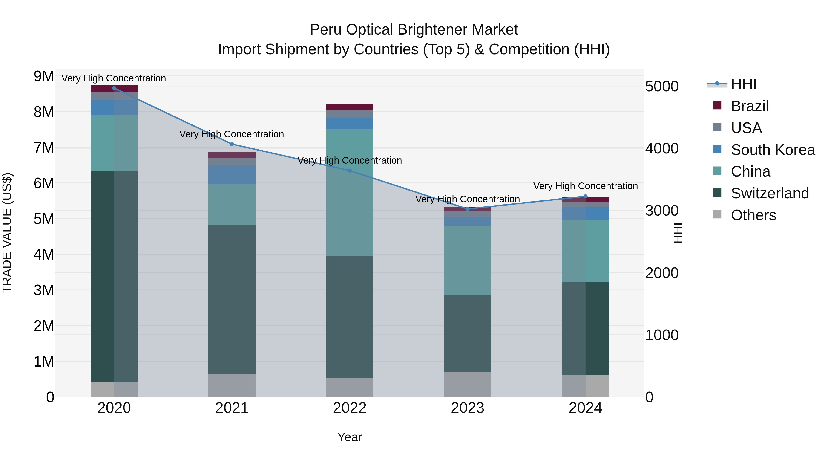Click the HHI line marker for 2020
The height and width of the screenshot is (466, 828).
pos(114,88)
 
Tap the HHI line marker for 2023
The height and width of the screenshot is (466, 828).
pos(468,209)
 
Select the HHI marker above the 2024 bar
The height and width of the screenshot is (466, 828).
pos(585,196)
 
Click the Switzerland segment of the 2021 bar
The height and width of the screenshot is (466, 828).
pos(232,299)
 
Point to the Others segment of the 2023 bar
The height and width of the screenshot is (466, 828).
pos(468,384)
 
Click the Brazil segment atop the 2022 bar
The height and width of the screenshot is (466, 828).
pos(350,107)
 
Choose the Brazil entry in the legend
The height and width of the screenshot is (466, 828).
pos(749,106)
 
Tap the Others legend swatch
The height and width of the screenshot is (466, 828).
pos(717,214)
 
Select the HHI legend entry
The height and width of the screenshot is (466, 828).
pos(743,84)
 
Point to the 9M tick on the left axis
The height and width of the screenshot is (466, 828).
pos(44,77)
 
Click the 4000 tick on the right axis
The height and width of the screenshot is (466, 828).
pos(662,149)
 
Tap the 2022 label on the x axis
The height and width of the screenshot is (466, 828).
pos(350,408)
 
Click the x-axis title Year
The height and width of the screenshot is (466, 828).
pos(350,437)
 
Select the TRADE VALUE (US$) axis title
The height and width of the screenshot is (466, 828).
pos(7,233)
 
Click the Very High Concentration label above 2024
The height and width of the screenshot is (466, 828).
pos(585,186)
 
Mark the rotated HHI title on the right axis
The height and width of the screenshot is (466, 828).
pos(678,233)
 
